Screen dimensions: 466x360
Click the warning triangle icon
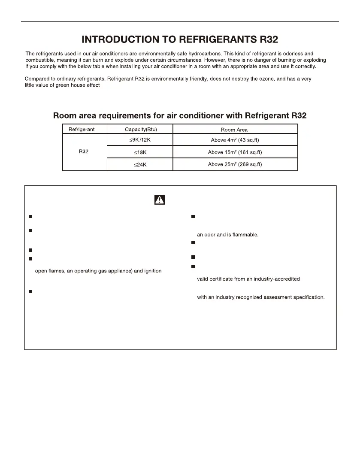tap(160, 200)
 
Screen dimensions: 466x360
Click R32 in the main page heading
tap(265, 40)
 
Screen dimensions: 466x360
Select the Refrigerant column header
tap(82, 129)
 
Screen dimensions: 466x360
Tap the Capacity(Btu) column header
tap(140, 129)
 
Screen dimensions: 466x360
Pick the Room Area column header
tap(234, 130)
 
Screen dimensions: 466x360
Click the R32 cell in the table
tap(84, 152)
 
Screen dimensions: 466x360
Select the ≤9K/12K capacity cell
tap(140, 140)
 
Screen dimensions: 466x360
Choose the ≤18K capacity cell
tap(140, 152)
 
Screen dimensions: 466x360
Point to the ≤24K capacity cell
tap(140, 164)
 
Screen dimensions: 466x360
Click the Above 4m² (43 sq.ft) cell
tap(234, 140)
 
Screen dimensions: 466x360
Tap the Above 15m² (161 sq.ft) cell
tap(234, 152)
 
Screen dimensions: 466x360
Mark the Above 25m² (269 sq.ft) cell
tap(234, 164)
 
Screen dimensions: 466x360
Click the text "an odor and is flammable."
tap(227, 234)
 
